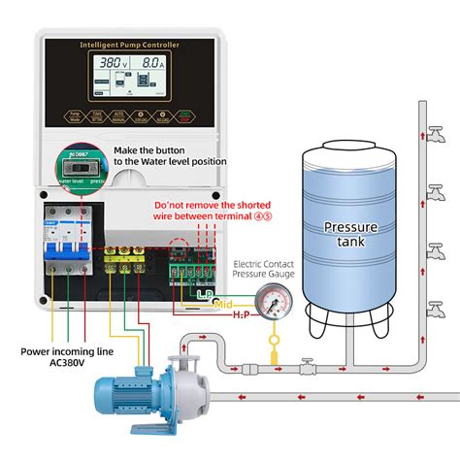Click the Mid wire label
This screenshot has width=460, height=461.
click(x=224, y=305)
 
